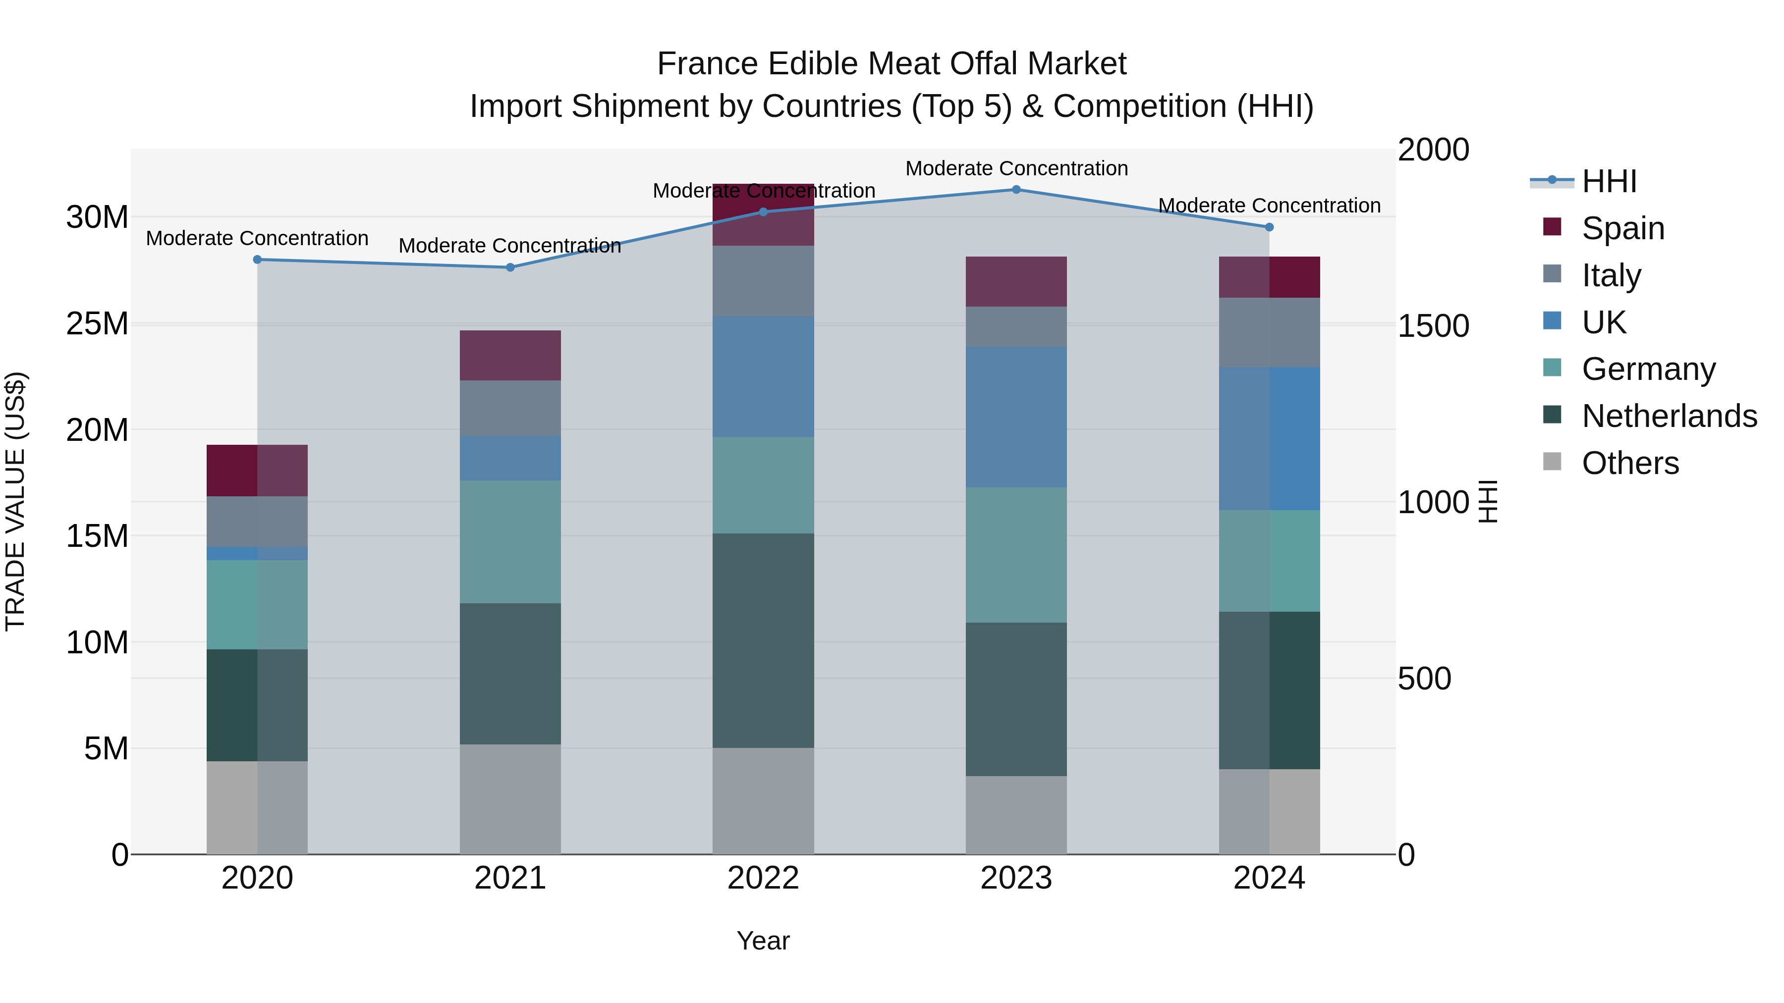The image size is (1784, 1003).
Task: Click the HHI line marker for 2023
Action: pyautogui.click(x=1016, y=189)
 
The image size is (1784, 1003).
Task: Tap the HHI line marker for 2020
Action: pyautogui.click(x=257, y=260)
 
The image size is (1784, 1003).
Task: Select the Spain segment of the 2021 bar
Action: pyautogui.click(x=510, y=355)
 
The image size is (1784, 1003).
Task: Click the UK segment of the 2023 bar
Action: pyautogui.click(x=1016, y=417)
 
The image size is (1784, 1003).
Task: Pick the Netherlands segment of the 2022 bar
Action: pyautogui.click(x=763, y=640)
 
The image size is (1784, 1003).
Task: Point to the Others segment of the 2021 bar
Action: pyautogui.click(x=510, y=799)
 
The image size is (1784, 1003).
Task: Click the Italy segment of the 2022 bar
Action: pyautogui.click(x=763, y=281)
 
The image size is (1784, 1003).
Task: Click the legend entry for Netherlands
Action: pyautogui.click(x=1669, y=416)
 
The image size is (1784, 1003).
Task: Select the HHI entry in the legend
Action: pyautogui.click(x=1609, y=181)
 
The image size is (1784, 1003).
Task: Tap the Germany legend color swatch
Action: pyautogui.click(x=1552, y=368)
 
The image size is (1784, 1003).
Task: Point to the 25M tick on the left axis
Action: pyautogui.click(x=97, y=324)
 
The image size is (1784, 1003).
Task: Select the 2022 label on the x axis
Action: pyautogui.click(x=763, y=878)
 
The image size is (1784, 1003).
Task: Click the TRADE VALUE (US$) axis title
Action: pyautogui.click(x=15, y=501)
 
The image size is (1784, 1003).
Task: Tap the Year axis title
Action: pyautogui.click(x=763, y=941)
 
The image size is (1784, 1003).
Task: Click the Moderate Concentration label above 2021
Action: pyautogui.click(x=510, y=246)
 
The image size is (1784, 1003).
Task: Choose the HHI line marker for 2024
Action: pyautogui.click(x=1269, y=227)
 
